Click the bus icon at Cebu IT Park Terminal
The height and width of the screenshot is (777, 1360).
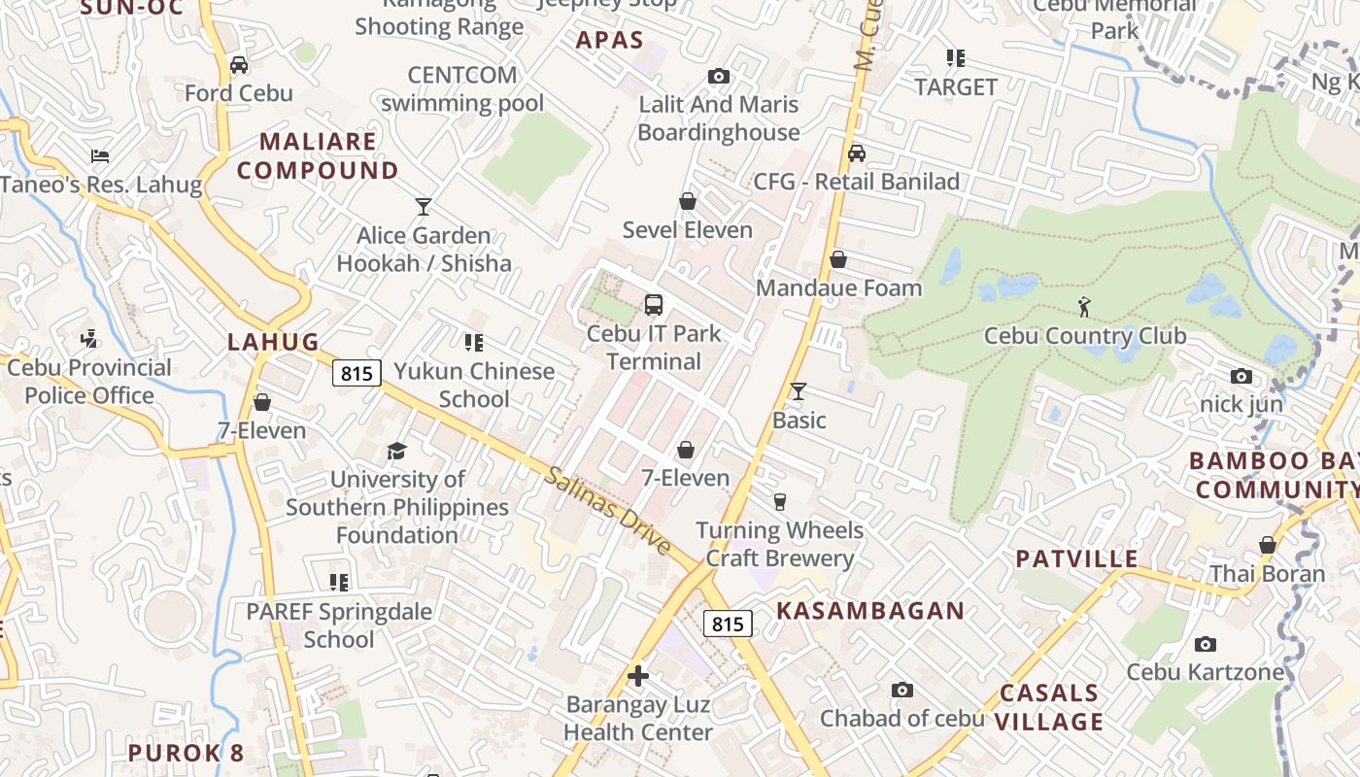(654, 305)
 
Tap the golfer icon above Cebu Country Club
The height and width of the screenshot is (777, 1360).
(1084, 308)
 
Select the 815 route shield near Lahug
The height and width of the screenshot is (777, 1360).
(357, 373)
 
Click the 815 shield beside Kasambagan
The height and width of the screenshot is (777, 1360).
(728, 624)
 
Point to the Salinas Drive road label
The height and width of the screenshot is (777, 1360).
(608, 511)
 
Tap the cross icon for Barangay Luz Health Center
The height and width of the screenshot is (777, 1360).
(638, 676)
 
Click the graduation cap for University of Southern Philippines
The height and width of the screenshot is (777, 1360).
(396, 451)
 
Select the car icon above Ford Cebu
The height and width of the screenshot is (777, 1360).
(238, 65)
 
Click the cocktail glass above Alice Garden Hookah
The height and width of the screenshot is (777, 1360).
(423, 206)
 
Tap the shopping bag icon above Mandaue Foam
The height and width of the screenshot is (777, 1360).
(838, 259)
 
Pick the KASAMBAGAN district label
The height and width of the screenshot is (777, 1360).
(870, 611)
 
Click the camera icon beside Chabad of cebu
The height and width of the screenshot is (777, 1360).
(902, 691)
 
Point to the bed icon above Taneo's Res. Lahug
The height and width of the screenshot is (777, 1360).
(100, 155)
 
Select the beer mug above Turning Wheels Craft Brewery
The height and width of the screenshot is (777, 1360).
(779, 501)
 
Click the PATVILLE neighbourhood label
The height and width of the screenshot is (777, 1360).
(1076, 558)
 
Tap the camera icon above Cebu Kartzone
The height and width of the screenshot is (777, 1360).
(1205, 644)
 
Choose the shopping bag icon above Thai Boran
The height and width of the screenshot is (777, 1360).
(1267, 545)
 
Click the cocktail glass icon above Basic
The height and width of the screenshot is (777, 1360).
(799, 390)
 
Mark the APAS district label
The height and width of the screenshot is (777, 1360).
(609, 40)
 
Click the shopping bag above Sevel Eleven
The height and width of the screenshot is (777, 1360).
(688, 201)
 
